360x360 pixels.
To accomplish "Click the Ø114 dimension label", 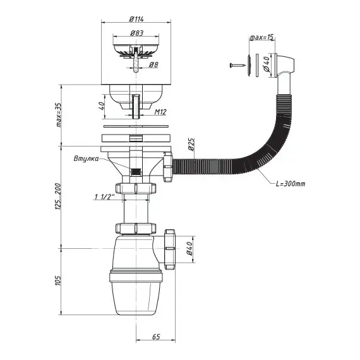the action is click(x=136, y=19).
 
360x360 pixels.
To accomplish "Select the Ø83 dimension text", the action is click(x=136, y=33).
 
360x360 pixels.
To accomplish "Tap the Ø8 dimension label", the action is click(x=153, y=65).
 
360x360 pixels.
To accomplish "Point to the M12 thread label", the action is click(x=160, y=112).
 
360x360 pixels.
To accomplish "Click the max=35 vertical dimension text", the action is click(x=59, y=115).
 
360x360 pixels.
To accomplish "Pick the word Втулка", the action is click(x=86, y=159).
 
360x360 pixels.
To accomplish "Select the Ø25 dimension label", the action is click(x=191, y=144).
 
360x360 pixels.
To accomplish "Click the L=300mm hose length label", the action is click(x=291, y=184).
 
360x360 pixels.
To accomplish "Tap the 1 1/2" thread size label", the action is click(x=105, y=197).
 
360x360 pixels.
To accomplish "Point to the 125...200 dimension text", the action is click(x=58, y=196).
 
